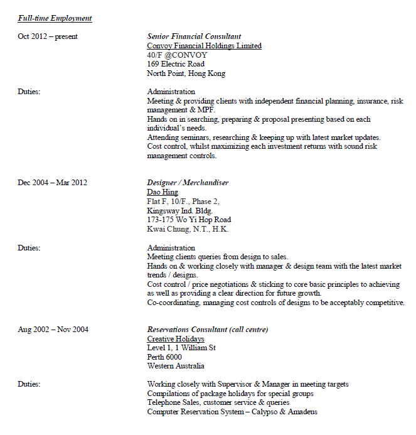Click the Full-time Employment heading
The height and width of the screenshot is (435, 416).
click(55, 18)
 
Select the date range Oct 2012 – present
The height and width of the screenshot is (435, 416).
click(48, 36)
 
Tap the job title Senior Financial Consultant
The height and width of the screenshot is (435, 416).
click(194, 36)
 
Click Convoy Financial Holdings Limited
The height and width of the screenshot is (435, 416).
click(204, 46)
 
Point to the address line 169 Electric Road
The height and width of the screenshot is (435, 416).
click(176, 64)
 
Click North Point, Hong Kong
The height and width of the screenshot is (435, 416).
click(186, 73)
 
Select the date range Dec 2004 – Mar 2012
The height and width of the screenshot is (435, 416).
click(53, 183)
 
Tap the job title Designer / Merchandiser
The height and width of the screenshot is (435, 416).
click(188, 183)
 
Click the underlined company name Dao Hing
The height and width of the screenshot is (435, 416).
click(163, 192)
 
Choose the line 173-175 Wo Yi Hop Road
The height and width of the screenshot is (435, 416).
click(189, 220)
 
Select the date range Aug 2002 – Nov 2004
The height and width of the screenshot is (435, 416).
click(53, 330)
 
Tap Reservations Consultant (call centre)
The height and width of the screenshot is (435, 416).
click(208, 330)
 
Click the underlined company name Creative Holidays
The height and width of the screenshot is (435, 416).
click(176, 339)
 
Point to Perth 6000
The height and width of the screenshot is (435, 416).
click(164, 357)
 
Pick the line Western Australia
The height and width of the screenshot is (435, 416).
click(176, 366)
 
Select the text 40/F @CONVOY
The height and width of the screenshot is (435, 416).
click(177, 55)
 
